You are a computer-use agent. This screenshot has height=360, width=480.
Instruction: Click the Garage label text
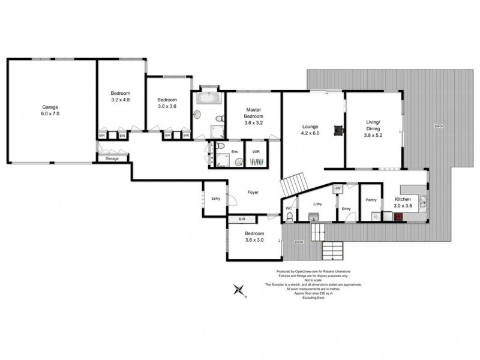pos(50,107)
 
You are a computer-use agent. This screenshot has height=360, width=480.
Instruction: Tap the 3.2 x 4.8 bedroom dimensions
pos(120,100)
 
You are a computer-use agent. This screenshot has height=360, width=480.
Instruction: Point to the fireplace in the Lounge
pos(339,128)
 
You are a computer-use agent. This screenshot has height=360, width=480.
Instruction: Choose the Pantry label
pos(371,200)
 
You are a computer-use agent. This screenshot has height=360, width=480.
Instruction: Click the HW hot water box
pos(337,188)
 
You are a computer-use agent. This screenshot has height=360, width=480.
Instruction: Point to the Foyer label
pos(253,192)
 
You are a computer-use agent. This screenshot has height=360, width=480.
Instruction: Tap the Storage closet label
pos(112,159)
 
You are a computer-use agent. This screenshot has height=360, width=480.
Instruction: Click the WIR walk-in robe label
pos(256,152)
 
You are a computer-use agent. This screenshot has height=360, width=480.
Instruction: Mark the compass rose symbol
pos(241,290)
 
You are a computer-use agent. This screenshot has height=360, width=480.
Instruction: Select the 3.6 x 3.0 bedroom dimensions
pos(254,240)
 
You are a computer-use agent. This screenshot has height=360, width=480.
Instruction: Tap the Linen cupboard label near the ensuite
pos(212,154)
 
